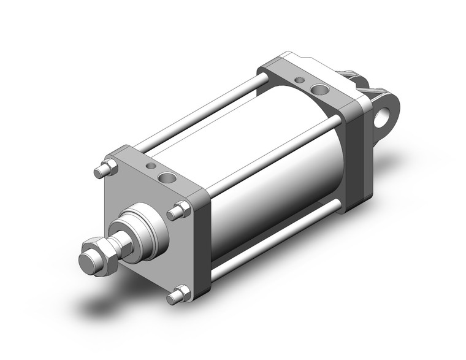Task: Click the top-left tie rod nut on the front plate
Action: tap(105, 167)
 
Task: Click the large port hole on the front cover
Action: tap(166, 178)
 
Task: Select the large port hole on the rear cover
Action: tap(319, 91)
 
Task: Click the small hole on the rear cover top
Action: tap(299, 80)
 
